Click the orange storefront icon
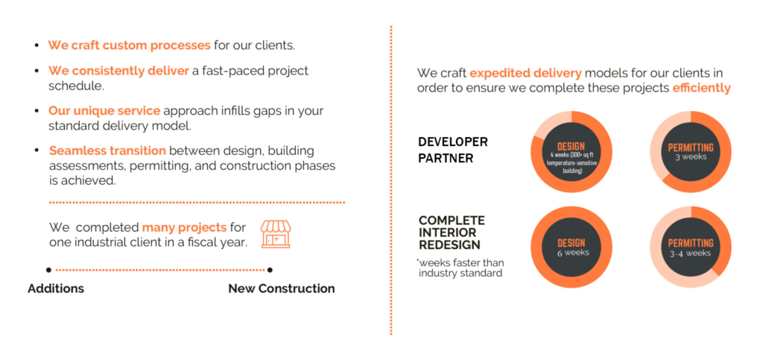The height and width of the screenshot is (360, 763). click(x=276, y=234)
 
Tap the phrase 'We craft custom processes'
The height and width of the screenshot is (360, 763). click(x=129, y=45)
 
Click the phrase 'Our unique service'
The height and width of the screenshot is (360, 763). click(x=104, y=111)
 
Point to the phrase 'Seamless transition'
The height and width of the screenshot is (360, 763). click(x=107, y=151)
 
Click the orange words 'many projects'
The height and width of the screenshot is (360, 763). click(x=184, y=227)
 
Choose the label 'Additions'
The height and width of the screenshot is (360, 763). click(x=56, y=288)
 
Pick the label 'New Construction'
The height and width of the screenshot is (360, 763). click(x=281, y=288)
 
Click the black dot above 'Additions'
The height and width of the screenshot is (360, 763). click(x=49, y=270)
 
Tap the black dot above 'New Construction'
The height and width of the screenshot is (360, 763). click(x=270, y=270)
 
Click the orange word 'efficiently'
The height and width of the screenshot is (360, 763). click(x=701, y=88)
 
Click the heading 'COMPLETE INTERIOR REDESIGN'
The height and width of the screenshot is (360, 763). click(x=452, y=233)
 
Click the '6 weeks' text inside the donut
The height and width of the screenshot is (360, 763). click(x=572, y=253)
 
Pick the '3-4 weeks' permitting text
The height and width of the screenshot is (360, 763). click(x=691, y=253)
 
